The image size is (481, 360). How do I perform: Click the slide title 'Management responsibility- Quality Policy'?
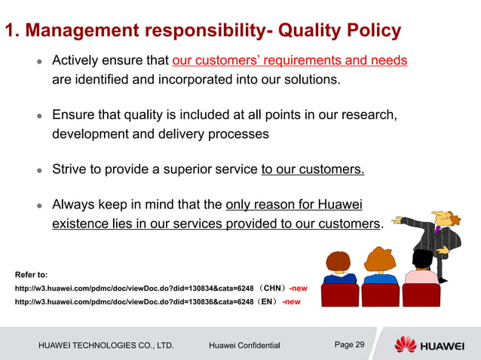(x=203, y=31)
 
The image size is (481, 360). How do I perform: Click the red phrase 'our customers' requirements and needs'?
(x=290, y=60)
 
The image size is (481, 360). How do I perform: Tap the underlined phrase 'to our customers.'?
(x=313, y=169)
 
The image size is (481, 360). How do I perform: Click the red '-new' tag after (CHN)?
(x=299, y=288)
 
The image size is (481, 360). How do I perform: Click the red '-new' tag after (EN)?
(x=291, y=302)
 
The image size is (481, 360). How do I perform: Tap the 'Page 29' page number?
(x=349, y=345)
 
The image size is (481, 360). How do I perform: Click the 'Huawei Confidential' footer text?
(x=244, y=346)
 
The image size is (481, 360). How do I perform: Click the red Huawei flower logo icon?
(x=405, y=345)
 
